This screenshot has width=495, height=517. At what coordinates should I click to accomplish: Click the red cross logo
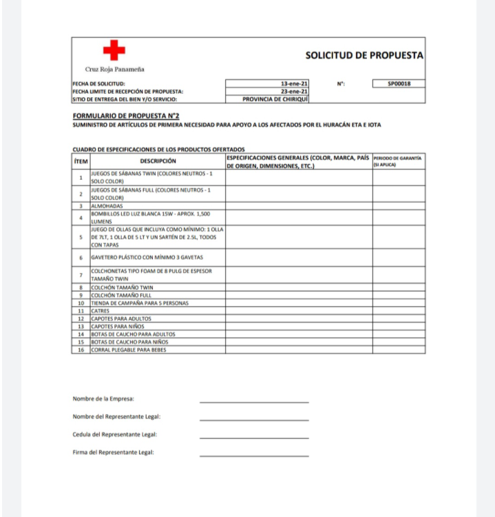pos(114,50)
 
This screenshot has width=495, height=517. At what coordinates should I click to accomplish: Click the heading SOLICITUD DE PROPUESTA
pos(364,55)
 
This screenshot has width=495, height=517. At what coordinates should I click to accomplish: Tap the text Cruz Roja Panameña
pos(114,69)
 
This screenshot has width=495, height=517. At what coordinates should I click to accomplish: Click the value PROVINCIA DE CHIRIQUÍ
pos(275,99)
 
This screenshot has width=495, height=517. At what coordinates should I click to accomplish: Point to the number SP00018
pos(398,84)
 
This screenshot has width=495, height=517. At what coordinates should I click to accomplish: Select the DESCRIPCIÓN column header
pos(158,161)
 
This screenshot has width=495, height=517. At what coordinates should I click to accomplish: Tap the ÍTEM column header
pos(81,161)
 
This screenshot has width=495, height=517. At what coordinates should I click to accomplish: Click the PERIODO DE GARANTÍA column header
pos(397,161)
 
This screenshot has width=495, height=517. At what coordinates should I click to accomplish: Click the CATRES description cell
pos(101,311)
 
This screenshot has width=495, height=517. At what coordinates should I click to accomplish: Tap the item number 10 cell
pos(81,303)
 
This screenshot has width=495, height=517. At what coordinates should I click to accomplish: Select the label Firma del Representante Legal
pos(114,452)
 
